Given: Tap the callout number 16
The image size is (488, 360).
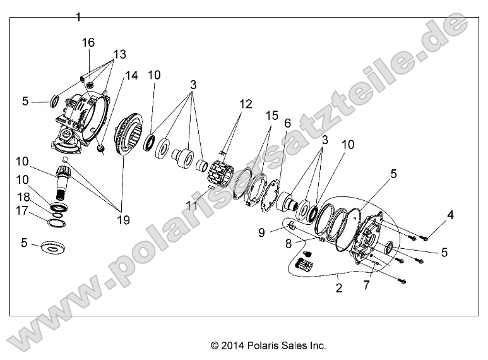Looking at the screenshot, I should tap(88, 42).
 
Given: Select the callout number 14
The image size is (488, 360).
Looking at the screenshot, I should tap(131, 75).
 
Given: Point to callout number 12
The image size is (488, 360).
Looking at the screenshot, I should tap(246, 104).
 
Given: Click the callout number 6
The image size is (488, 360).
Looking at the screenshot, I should tap(287, 124).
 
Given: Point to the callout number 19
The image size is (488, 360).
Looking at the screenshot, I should tap(122, 220).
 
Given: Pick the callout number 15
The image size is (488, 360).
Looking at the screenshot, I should tap(272, 117).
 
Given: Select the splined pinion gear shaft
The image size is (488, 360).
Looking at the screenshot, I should tap(64, 181).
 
